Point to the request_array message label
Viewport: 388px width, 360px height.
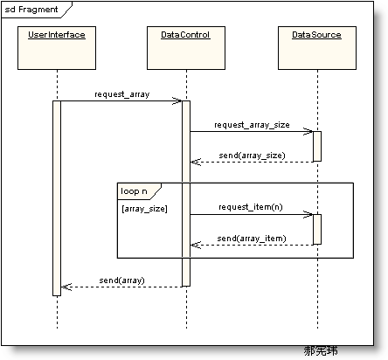[x=121, y=93]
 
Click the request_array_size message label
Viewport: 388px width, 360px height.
[x=252, y=124]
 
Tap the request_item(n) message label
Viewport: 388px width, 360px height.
[x=251, y=206]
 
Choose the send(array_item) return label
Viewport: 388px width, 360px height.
[x=251, y=237]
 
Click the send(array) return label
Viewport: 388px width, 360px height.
[x=121, y=280]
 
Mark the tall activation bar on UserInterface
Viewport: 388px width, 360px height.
[x=57, y=197]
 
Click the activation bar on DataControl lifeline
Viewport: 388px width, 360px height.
[x=186, y=192]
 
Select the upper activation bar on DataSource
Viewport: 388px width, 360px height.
[x=316, y=146]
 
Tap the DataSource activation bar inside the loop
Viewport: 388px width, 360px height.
[x=316, y=229]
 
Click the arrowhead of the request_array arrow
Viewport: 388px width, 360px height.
[x=177, y=100]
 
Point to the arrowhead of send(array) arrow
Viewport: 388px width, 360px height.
[x=66, y=287]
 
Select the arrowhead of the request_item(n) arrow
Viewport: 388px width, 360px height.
[x=308, y=214]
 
